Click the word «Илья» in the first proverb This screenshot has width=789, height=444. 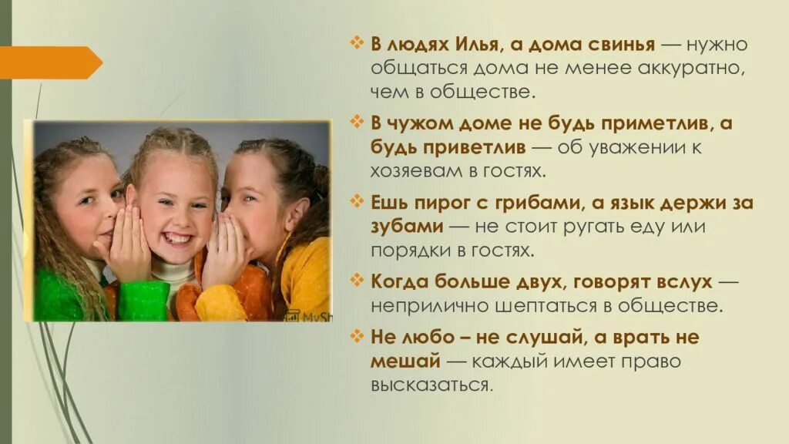(482, 44)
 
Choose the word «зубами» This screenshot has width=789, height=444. (407, 227)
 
